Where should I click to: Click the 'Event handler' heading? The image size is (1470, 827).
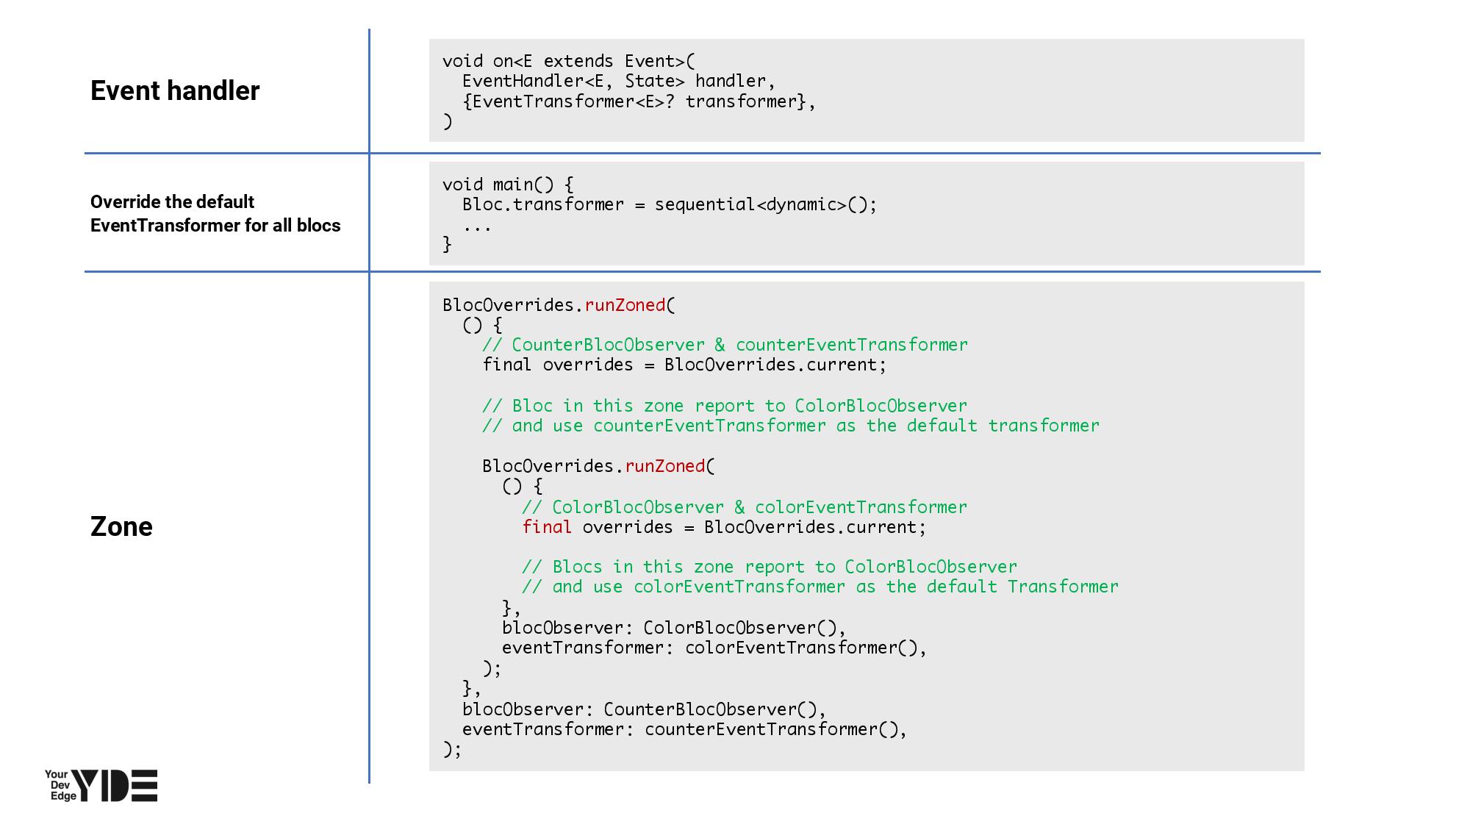coord(175,90)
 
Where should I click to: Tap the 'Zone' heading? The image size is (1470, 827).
coord(121,526)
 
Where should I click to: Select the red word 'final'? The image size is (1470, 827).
coord(547,527)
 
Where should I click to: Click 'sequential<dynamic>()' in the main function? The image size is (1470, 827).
coord(765,204)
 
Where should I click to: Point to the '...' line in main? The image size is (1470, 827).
coord(477,225)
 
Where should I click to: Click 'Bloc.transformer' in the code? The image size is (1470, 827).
coord(543,204)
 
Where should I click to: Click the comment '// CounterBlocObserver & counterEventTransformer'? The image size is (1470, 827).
coord(725,345)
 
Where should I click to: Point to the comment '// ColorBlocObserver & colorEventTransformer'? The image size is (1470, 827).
coord(745,507)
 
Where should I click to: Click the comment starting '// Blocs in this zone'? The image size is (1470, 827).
coord(770,567)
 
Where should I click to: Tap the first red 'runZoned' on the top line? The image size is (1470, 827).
coord(625,305)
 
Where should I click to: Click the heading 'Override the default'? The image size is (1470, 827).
coord(172,202)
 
